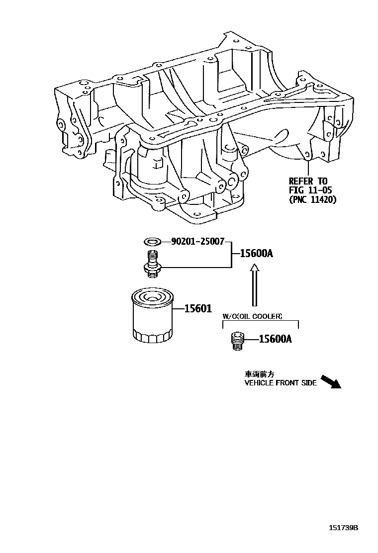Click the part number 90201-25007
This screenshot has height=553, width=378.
[197, 242]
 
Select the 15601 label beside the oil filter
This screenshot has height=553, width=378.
[198, 309]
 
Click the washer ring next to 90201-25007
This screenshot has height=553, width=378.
[152, 242]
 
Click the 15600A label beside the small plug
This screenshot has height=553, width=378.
[275, 340]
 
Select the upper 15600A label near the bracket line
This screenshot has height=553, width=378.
[256, 254]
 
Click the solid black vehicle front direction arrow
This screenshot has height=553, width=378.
[329, 381]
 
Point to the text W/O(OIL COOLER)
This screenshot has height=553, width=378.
[253, 316]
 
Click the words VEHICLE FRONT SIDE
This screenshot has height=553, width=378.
[281, 383]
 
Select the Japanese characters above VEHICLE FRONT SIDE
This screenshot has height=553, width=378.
[259, 374]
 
